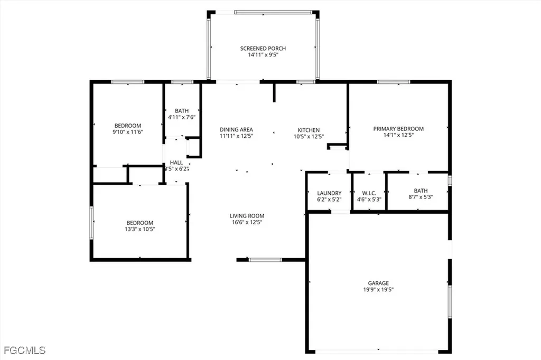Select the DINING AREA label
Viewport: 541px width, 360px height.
pyautogui.click(x=236, y=129)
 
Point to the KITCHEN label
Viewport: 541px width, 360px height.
pyautogui.click(x=309, y=130)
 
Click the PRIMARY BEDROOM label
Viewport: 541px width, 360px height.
pyautogui.click(x=398, y=128)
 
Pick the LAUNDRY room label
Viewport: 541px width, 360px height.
pyautogui.click(x=329, y=193)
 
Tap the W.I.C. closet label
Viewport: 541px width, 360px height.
pyautogui.click(x=369, y=193)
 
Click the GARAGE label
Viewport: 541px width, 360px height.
pyautogui.click(x=378, y=283)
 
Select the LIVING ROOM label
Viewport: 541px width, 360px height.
pyautogui.click(x=247, y=215)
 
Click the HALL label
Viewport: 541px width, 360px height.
pyautogui.click(x=176, y=163)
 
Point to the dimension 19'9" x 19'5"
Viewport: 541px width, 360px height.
pyautogui.click(x=378, y=289)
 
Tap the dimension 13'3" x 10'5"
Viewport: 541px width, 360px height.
pyautogui.click(x=139, y=229)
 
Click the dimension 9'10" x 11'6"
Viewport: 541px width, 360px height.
pyautogui.click(x=127, y=131)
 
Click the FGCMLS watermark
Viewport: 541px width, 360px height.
pyautogui.click(x=24, y=350)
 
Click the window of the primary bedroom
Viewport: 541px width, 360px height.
pyautogui.click(x=394, y=82)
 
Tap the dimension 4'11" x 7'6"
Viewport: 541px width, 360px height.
pyautogui.click(x=182, y=117)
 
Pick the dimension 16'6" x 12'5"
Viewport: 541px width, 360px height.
pyautogui.click(x=247, y=222)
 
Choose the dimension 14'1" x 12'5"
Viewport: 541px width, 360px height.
pyautogui.click(x=398, y=135)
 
